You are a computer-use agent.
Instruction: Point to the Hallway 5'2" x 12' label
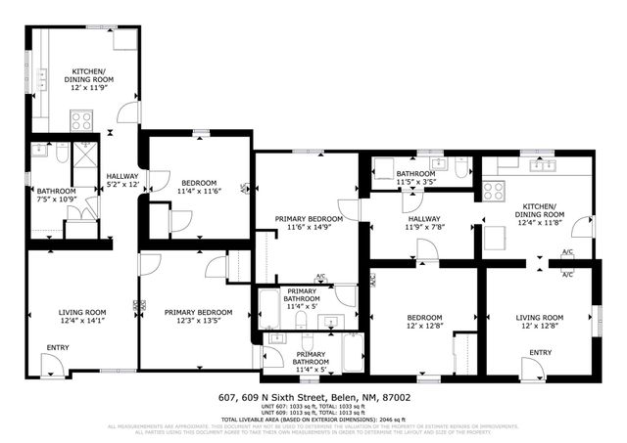[122, 181]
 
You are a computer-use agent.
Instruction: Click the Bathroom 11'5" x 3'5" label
[415, 178]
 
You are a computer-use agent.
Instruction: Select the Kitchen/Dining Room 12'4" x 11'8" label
[540, 218]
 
